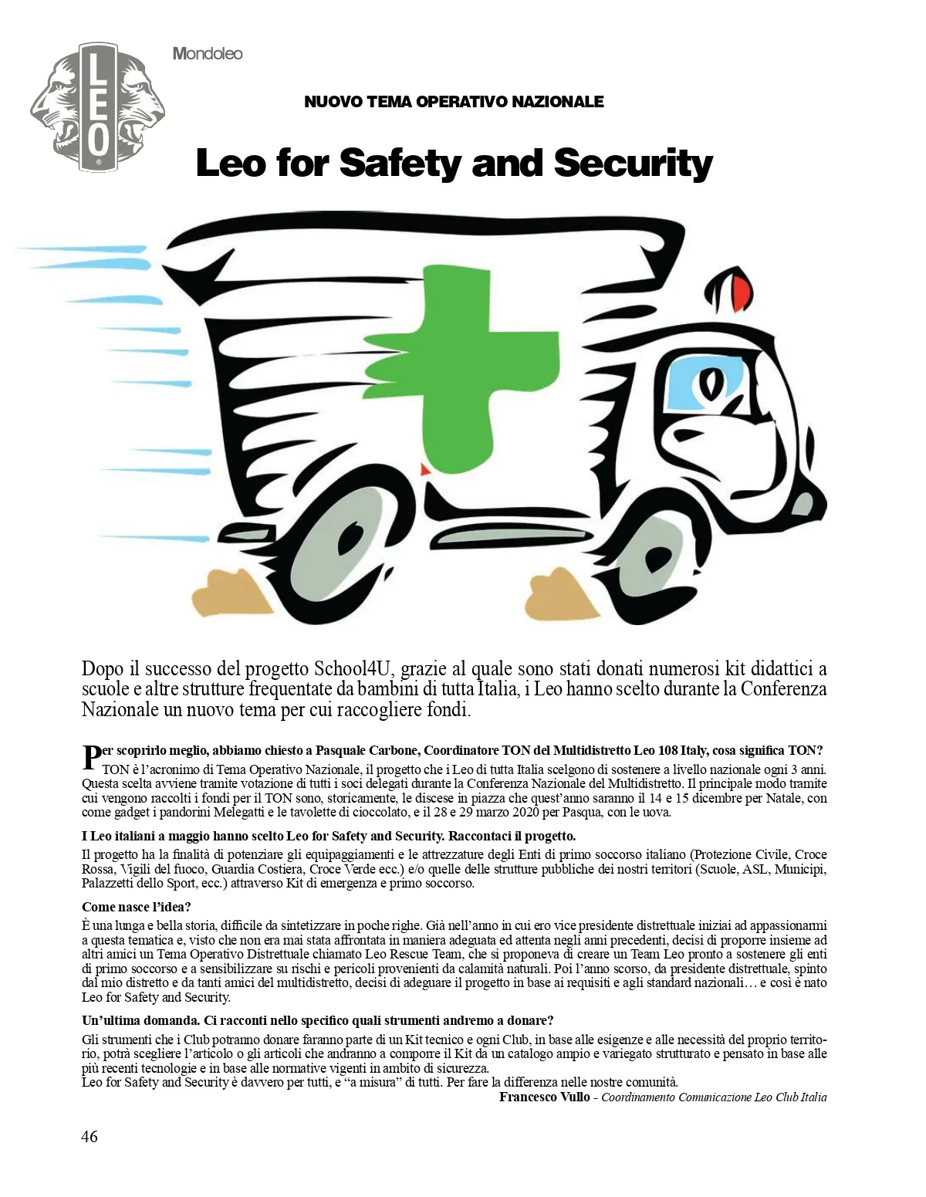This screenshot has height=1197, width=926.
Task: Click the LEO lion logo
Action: [x=97, y=107]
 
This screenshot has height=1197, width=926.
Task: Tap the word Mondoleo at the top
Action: [x=208, y=53]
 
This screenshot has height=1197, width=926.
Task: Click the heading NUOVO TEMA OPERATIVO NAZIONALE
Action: [x=454, y=101]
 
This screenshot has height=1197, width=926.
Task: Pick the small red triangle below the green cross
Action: [x=424, y=469]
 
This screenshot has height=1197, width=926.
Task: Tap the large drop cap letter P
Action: [x=91, y=757]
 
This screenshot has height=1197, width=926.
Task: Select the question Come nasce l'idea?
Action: [x=137, y=906]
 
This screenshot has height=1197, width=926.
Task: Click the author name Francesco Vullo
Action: [x=544, y=1097]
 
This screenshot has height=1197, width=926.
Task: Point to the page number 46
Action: [x=90, y=1136]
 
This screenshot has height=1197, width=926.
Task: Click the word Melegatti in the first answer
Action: [x=232, y=812]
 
